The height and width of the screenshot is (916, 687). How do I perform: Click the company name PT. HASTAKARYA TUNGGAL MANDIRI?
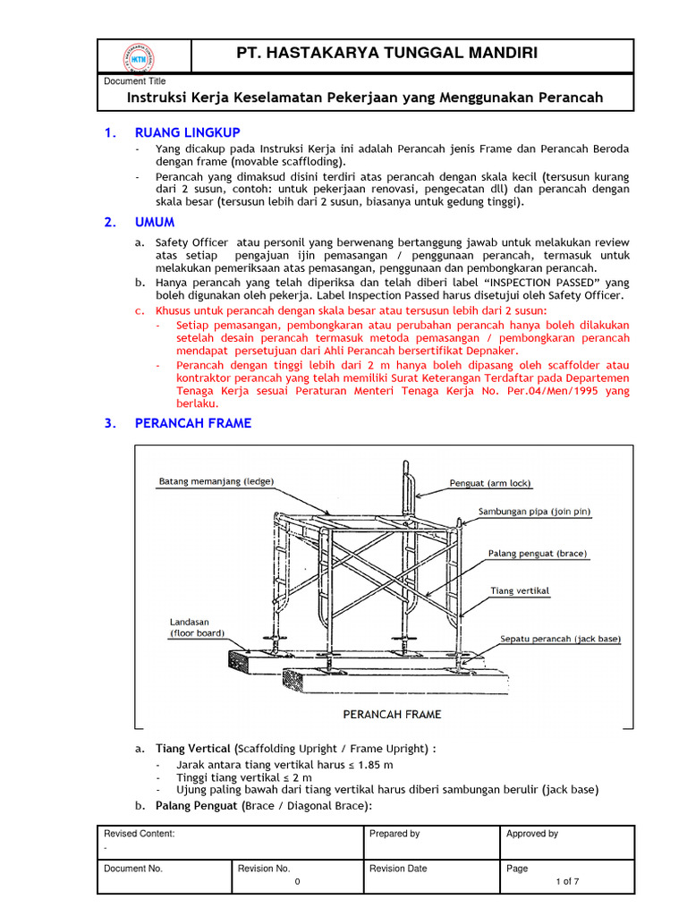pyautogui.click(x=386, y=54)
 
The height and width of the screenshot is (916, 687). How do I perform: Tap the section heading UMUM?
pyautogui.click(x=155, y=222)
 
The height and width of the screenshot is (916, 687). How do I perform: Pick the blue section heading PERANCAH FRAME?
pyautogui.click(x=193, y=423)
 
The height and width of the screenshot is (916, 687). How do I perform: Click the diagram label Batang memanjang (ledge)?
pyautogui.click(x=216, y=481)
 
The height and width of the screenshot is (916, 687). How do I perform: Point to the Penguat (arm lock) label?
pyautogui.click(x=490, y=484)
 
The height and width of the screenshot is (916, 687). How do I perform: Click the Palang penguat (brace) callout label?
pyautogui.click(x=537, y=554)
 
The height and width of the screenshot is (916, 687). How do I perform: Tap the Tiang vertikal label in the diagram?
pyautogui.click(x=520, y=591)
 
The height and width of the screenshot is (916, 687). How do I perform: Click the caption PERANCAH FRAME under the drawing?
pyautogui.click(x=393, y=714)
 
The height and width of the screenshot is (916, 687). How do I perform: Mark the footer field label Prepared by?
pyautogui.click(x=394, y=834)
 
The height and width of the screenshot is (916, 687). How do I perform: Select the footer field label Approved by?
pyautogui.click(x=532, y=834)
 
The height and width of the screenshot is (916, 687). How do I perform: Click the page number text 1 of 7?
pyautogui.click(x=566, y=881)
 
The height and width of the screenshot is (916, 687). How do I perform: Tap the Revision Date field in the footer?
pyautogui.click(x=398, y=868)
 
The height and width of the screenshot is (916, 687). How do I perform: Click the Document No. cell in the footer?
pyautogui.click(x=133, y=868)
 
